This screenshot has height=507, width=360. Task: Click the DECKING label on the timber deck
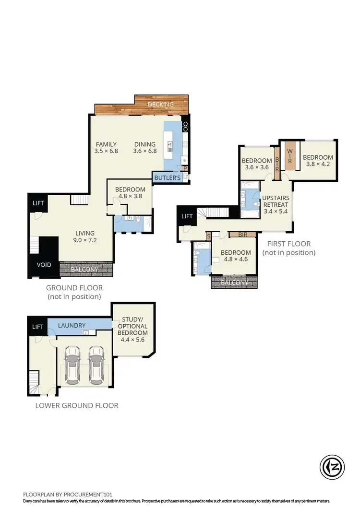click(x=161, y=105)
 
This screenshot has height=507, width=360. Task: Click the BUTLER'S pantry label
click(x=167, y=178)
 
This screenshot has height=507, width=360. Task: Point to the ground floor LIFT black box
click(x=38, y=203)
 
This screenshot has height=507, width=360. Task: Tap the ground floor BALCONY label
click(x=85, y=270)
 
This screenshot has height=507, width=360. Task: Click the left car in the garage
click(x=73, y=366)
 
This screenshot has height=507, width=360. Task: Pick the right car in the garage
click(x=96, y=366)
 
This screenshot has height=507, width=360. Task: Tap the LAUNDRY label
click(x=72, y=325)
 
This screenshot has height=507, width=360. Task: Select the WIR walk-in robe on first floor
click(x=290, y=154)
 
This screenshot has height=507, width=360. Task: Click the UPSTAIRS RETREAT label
click(x=275, y=205)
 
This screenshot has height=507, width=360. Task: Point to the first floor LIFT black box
click(x=187, y=216)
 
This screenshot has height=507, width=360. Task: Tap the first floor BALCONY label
click(x=235, y=283)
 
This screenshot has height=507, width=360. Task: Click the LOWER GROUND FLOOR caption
click(x=77, y=405)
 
